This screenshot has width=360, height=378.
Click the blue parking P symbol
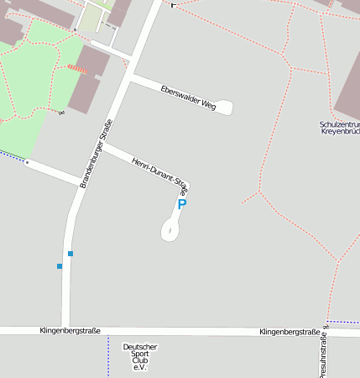coord(181,204)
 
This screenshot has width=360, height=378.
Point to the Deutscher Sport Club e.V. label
coord(139,356)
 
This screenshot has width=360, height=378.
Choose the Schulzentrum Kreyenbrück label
coord(339,129)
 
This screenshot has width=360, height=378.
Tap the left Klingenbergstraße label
coord(70,331)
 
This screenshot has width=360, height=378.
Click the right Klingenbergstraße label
coord(290,332)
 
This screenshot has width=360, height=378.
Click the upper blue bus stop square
coord(70,254)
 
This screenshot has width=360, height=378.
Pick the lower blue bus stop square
coord(60,266)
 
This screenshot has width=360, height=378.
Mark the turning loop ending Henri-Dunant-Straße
coord(170,229)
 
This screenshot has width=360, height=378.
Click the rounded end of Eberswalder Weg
coord(225,108)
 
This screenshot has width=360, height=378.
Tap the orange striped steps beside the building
coord(76,67)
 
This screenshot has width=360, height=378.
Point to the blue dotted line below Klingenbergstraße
coord(108,356)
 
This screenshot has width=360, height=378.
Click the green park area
coord(34,84)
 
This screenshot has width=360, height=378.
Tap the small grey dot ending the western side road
coord(28,161)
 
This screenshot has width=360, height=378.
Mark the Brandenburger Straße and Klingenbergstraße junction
coord(65,330)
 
